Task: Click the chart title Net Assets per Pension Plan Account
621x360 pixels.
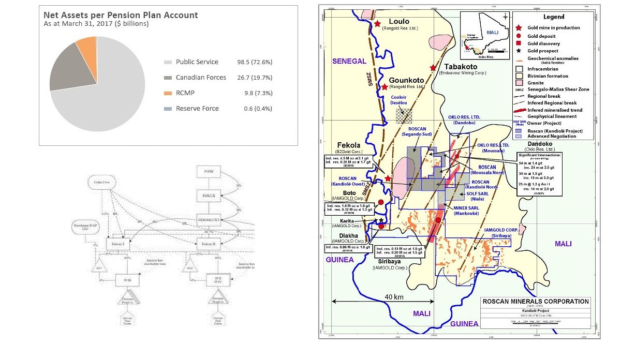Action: pyautogui.click(x=121, y=15)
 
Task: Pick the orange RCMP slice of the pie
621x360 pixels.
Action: pyautogui.click(x=85, y=47)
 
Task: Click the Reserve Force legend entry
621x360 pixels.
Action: pyautogui.click(x=197, y=109)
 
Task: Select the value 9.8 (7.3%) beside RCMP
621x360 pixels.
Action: pyautogui.click(x=258, y=93)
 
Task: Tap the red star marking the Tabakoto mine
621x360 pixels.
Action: pyautogui.click(x=433, y=68)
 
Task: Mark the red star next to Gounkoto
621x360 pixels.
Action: pyautogui.click(x=385, y=87)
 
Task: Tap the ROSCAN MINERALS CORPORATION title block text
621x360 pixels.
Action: pyautogui.click(x=535, y=301)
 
